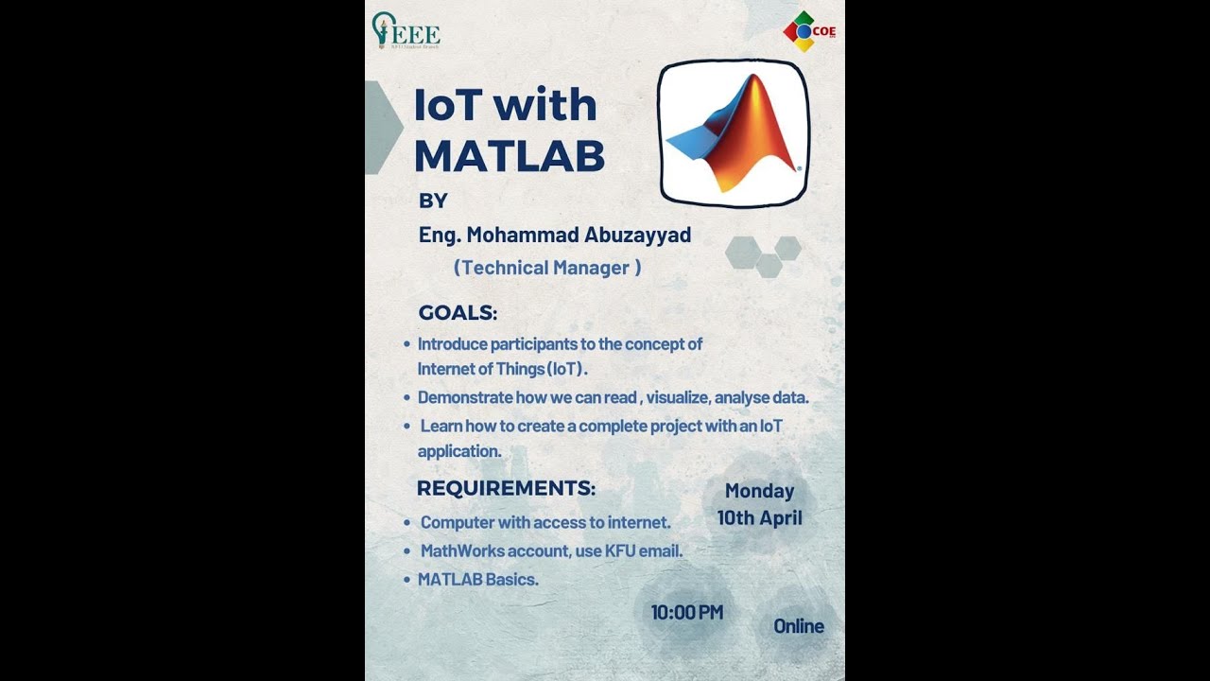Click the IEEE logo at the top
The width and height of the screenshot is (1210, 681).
click(x=406, y=31)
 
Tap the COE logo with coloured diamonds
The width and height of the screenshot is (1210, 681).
click(x=808, y=31)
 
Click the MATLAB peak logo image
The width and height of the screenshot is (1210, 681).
click(x=734, y=133)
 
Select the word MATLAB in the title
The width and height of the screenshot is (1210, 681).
click(x=509, y=156)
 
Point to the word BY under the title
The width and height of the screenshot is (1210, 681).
click(x=433, y=201)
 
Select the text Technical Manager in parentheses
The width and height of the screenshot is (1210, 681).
click(x=546, y=268)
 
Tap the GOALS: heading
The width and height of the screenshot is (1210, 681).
click(x=458, y=313)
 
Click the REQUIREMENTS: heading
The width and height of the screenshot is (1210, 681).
click(x=506, y=488)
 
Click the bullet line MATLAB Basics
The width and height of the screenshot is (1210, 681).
click(x=478, y=579)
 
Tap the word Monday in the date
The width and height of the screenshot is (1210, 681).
click(x=759, y=491)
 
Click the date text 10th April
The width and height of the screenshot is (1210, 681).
click(x=759, y=518)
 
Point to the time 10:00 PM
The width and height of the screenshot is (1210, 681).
click(x=686, y=612)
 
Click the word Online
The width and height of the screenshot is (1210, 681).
click(x=798, y=626)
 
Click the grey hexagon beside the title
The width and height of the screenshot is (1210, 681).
click(x=381, y=128)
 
